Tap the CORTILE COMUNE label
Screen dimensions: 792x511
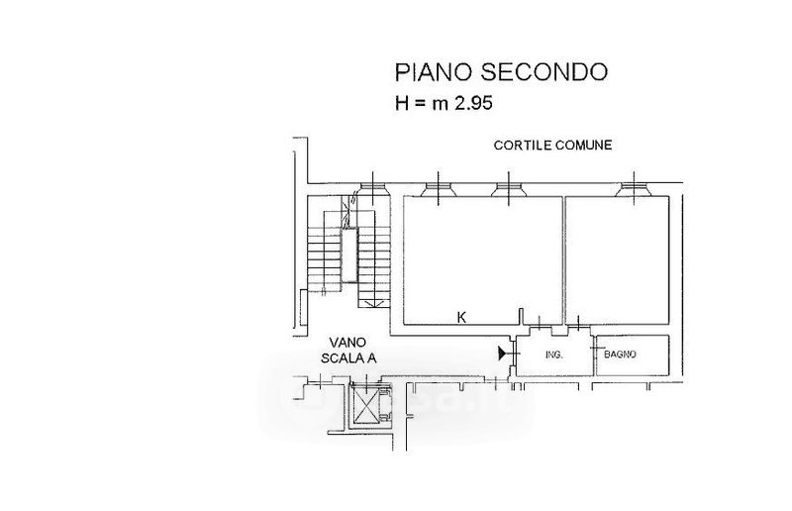coord(553,146)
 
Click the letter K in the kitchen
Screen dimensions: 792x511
coord(461,318)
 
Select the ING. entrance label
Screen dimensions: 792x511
coord(554,355)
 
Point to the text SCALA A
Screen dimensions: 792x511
coord(343,358)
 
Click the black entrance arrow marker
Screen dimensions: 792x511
coord(503,352)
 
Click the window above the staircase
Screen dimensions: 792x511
coord(371,189)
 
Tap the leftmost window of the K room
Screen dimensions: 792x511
coord(436,189)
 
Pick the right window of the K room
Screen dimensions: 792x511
coord(508,189)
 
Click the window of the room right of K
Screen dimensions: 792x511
coord(631,189)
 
